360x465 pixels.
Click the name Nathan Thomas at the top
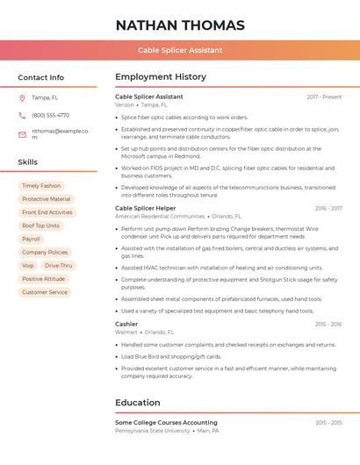tap(179, 25)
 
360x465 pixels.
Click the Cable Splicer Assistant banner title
tap(180, 50)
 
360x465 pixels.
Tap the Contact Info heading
tap(40, 77)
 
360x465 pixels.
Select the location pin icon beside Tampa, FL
tap(22, 97)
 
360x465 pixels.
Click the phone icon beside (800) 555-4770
tap(22, 115)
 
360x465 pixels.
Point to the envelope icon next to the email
tap(22, 134)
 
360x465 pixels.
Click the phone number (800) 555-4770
tap(50, 115)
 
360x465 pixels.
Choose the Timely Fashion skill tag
tap(41, 186)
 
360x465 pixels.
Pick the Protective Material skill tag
tap(47, 199)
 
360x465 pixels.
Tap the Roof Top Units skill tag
tap(41, 225)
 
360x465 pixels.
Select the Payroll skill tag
tap(31, 239)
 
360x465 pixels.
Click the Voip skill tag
tap(28, 265)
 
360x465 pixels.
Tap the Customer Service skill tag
tap(45, 292)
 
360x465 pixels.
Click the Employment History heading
tap(161, 77)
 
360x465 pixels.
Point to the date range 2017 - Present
tap(324, 97)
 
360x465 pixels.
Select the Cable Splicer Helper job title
tap(145, 208)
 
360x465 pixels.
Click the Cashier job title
tap(126, 324)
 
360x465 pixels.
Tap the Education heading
tap(138, 403)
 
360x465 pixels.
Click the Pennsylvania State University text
tap(153, 431)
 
